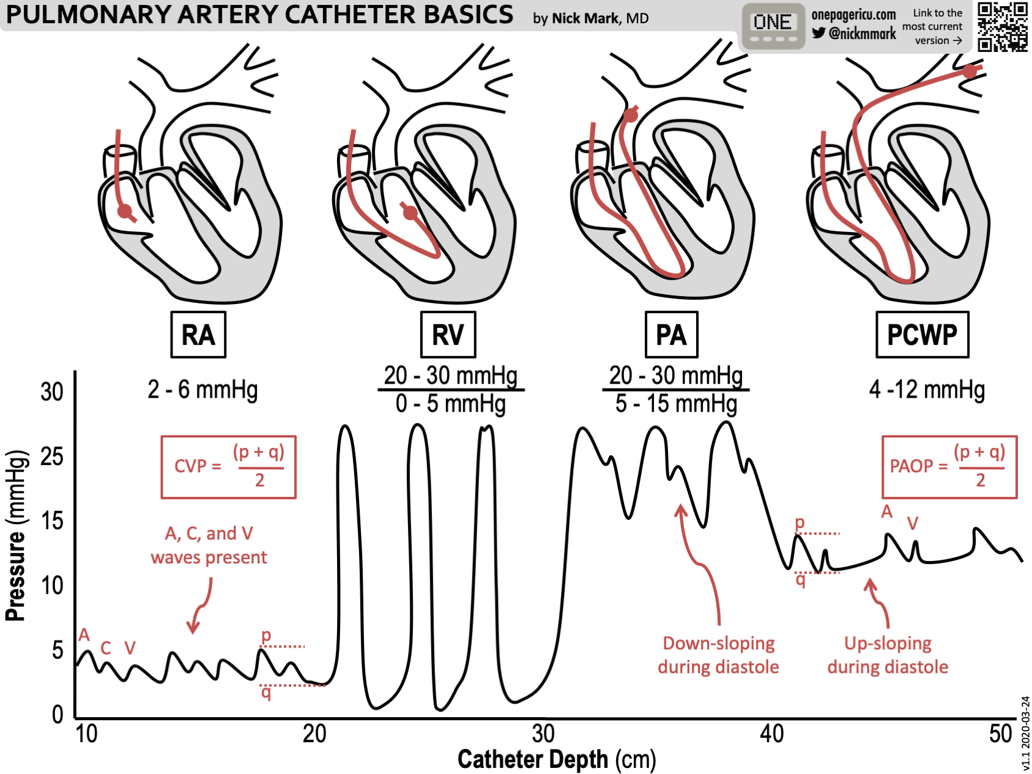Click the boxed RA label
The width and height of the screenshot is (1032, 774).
click(x=198, y=335)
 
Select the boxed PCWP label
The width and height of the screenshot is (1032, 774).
click(x=922, y=335)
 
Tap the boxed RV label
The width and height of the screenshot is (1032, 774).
click(x=448, y=335)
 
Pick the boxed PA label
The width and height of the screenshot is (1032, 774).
click(x=671, y=335)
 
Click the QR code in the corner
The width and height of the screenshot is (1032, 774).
click(x=1002, y=26)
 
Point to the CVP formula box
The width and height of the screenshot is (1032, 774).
click(x=228, y=467)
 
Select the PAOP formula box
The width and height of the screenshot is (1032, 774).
click(x=949, y=467)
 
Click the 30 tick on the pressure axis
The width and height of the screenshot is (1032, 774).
click(x=52, y=392)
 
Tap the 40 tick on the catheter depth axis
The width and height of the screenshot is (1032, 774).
click(x=771, y=733)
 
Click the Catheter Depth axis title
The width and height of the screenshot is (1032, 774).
click(x=556, y=759)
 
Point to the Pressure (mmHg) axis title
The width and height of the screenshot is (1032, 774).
click(x=17, y=535)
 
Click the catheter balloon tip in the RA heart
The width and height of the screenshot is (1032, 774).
click(x=125, y=212)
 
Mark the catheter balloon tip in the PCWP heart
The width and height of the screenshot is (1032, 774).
click(x=970, y=71)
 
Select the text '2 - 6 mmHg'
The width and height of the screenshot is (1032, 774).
click(x=202, y=390)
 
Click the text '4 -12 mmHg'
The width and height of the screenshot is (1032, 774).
click(x=927, y=390)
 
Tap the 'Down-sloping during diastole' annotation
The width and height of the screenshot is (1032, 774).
click(x=718, y=655)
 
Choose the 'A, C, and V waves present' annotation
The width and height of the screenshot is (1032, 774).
click(x=209, y=545)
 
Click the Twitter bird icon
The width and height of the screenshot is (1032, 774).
click(x=819, y=33)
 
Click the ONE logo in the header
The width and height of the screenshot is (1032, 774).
click(x=773, y=26)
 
